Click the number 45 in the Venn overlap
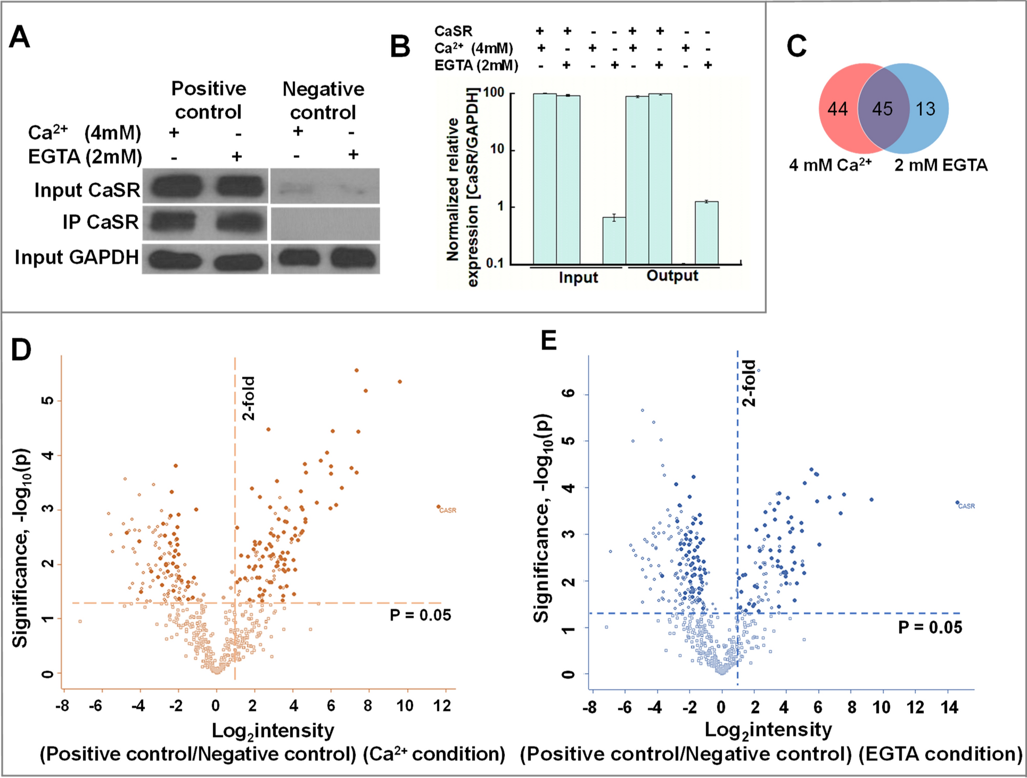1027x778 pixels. point(883,109)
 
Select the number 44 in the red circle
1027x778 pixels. point(838,109)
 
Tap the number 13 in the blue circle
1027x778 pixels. point(925,109)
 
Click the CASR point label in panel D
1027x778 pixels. point(448,510)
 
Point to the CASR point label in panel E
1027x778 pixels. point(967,506)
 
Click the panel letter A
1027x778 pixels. point(20,38)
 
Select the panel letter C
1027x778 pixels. point(796,46)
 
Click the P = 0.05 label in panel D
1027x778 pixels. point(420,615)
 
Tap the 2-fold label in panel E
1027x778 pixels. point(749,383)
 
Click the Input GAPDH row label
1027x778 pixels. point(77,257)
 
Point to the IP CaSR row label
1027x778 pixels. point(100,222)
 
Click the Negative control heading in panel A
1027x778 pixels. point(323,101)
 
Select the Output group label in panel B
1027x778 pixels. point(672,276)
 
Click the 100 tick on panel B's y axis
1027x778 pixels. point(494,93)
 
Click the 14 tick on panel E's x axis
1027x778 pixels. point(949,708)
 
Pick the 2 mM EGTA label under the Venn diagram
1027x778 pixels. point(941,165)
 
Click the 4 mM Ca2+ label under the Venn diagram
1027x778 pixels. point(830,165)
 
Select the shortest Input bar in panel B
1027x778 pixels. point(614,241)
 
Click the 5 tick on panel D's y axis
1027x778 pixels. point(48,400)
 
